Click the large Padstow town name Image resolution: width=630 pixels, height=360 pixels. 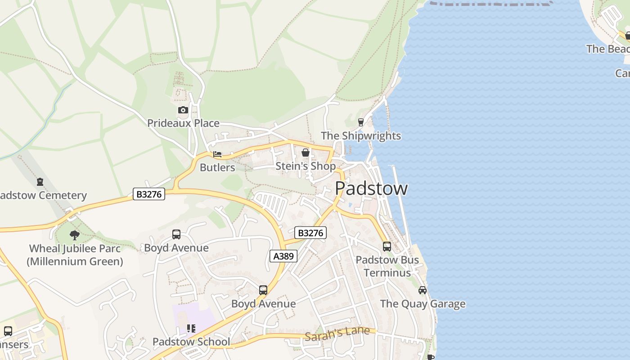coord(371,188)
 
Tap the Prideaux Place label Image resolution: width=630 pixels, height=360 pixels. coord(183,123)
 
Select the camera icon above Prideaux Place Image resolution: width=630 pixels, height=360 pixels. coord(183,110)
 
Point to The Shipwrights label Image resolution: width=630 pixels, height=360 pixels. coord(360,136)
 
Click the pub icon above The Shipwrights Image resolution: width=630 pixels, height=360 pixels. coord(360,122)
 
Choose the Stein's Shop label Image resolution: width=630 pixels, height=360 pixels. coord(306,166)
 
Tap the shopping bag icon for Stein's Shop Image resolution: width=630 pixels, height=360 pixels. coord(306,153)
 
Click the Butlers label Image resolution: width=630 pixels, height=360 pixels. coord(217,168)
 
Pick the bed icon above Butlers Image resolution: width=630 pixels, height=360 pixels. coord(217,155)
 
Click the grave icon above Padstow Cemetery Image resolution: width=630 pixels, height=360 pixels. coord(40,182)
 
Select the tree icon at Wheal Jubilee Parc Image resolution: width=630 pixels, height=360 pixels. coord(75,235)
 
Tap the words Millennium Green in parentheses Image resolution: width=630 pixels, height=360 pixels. coord(75,261)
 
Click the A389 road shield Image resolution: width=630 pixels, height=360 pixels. coord(283,256)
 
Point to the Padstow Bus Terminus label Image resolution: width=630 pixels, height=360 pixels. coord(387,266)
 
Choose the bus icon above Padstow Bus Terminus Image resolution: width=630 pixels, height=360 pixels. coord(387,247)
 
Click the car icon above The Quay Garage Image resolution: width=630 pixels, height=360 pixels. coord(423,290)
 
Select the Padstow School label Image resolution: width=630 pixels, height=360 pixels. coord(191,342)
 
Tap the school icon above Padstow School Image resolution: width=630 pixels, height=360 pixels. coord(191,328)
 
